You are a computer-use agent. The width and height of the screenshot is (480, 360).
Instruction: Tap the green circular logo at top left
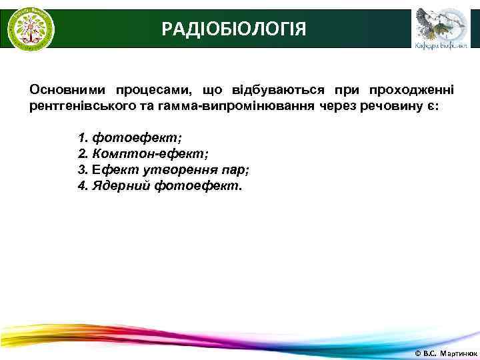coord(30,29)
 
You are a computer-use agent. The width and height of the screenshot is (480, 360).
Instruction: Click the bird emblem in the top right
coord(437,24)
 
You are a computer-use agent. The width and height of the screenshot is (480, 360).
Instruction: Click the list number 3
coord(82,169)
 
